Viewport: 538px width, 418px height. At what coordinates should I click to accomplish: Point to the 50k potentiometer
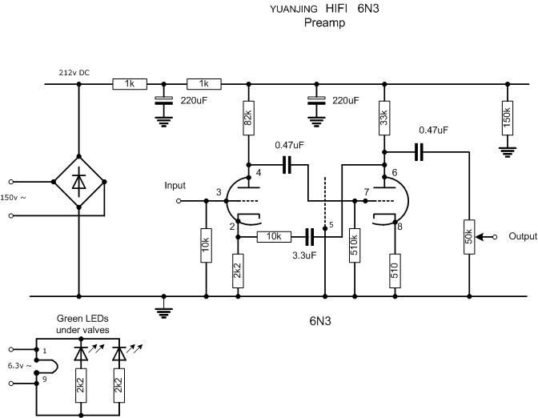468,237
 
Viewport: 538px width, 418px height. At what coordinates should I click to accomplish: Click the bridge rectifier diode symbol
78,183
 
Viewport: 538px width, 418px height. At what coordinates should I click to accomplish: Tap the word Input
175,186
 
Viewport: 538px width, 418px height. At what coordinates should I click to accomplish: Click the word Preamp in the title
324,23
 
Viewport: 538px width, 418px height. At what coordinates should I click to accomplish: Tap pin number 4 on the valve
259,173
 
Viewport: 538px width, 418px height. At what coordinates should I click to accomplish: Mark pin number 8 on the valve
399,227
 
